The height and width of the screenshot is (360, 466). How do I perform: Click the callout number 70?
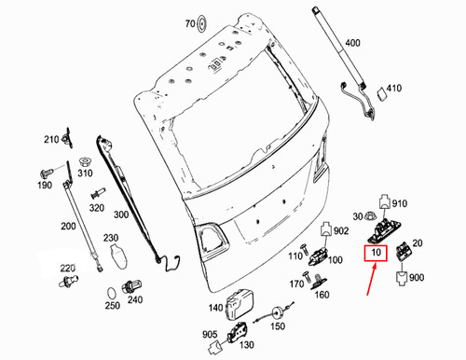point(189,23)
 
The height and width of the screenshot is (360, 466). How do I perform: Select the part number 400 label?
point(352,44)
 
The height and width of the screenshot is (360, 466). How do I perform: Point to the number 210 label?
point(48,142)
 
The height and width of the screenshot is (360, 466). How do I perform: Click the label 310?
point(85,173)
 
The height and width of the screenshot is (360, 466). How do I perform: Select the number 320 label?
point(95,207)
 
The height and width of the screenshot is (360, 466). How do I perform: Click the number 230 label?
point(112,238)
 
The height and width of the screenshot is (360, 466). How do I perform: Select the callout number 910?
point(400,203)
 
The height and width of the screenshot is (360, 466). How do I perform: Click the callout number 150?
point(276,327)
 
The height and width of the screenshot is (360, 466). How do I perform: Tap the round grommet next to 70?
point(207,22)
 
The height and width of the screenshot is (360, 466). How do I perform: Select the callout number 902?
point(340,230)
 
